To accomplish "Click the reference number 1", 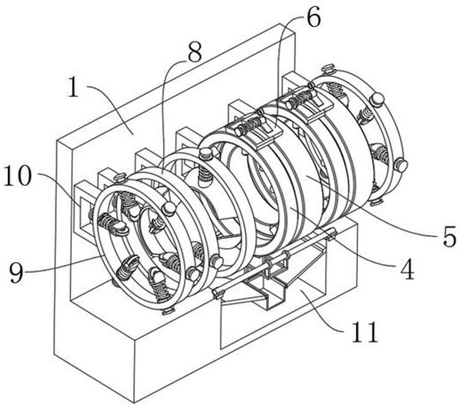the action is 73,88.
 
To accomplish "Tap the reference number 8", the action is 195,52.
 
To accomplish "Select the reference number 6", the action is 313,17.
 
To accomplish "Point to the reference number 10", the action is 17,175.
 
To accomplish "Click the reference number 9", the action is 17,272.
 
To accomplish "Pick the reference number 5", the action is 449,236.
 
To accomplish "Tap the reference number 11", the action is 365,332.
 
